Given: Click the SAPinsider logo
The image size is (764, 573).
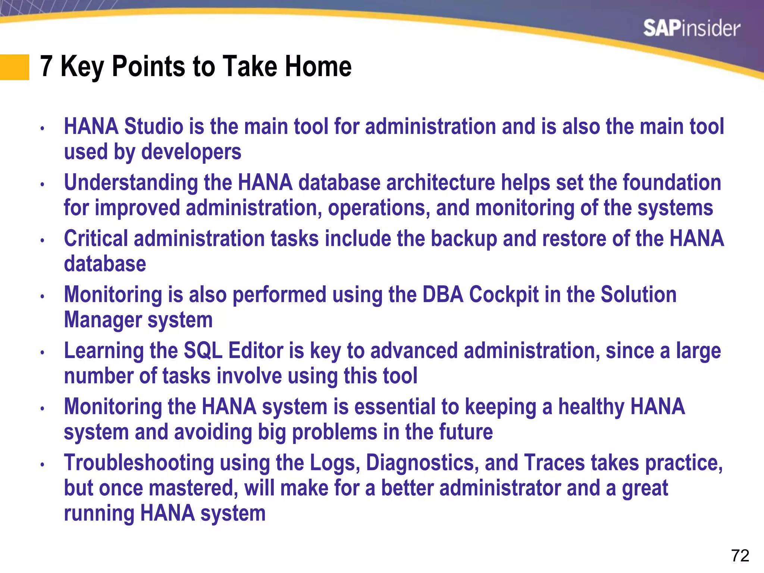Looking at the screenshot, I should point(691,29).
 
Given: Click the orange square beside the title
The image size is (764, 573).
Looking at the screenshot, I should point(14,67).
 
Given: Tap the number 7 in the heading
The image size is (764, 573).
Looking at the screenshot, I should point(46,66).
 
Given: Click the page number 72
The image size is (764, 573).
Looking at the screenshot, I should point(740,556).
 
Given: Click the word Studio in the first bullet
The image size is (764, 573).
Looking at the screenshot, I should point(153,126).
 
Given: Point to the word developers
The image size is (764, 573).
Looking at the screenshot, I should point(191,152).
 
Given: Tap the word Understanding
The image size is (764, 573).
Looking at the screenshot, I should point(131,183).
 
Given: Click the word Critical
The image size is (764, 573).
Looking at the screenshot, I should point(96,239).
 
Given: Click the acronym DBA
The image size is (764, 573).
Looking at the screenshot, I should point(443,295).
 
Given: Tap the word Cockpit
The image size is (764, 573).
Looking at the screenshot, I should point(504,295).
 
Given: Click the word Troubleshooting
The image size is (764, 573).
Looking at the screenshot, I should point(139,463).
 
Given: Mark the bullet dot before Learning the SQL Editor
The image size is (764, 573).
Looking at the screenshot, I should point(43,353).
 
